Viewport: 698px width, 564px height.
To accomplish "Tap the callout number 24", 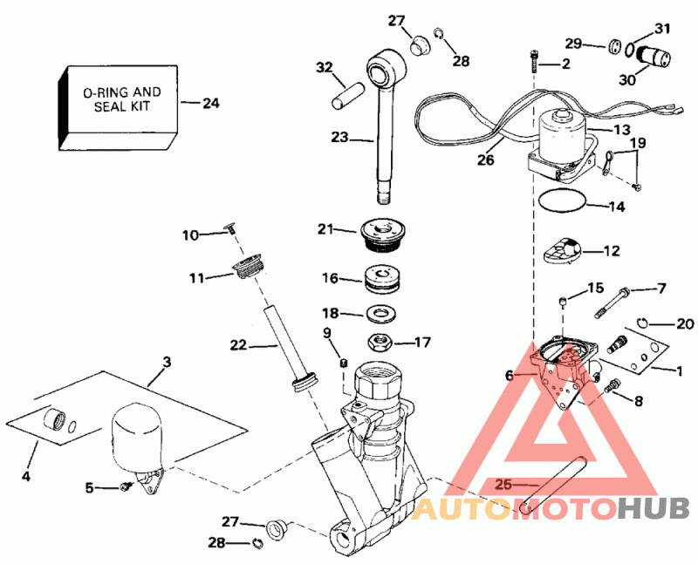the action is pos(211,104).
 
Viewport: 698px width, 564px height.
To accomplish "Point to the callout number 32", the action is pos(325,67).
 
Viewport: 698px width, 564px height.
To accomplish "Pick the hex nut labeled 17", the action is pos(381,341).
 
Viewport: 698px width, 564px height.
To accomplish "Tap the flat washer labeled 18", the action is pos(381,311).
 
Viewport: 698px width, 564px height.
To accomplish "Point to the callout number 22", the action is pos(239,346).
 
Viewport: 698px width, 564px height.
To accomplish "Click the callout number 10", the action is pos(190,234).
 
